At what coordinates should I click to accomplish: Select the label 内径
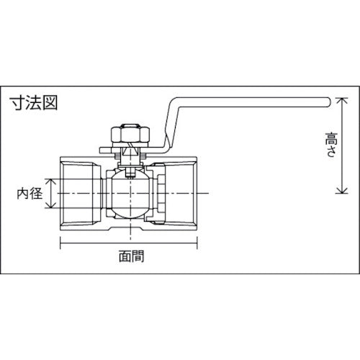click(x=32, y=194)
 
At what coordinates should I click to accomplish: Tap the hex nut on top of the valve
click(x=124, y=135)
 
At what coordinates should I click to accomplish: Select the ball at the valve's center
click(x=130, y=194)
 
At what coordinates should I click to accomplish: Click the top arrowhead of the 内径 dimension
click(x=51, y=180)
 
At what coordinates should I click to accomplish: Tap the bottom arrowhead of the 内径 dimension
click(x=51, y=207)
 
